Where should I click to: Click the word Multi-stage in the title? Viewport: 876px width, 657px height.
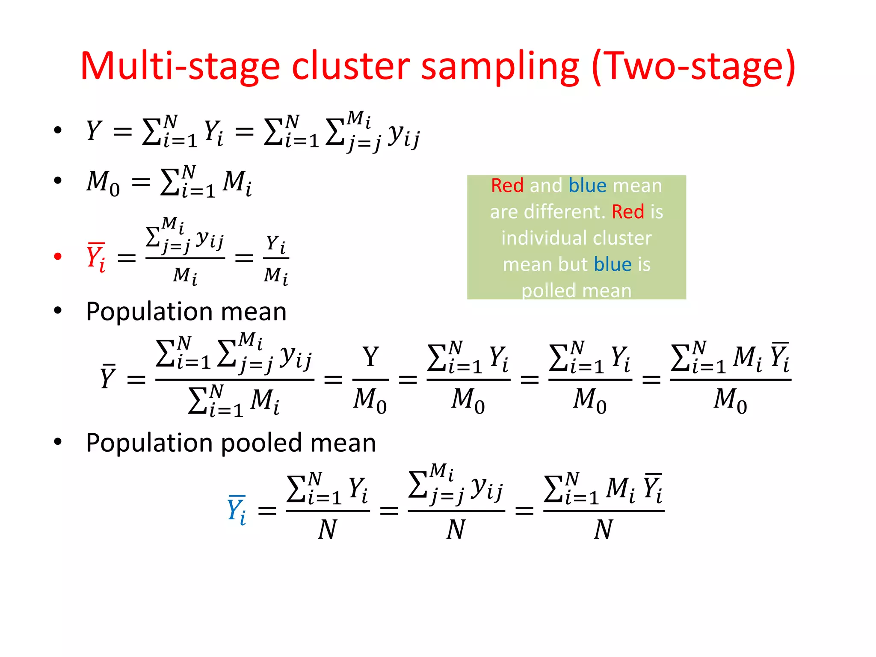click(x=180, y=66)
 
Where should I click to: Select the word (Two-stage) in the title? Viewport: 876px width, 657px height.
click(x=693, y=66)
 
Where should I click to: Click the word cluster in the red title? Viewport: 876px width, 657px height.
click(x=351, y=66)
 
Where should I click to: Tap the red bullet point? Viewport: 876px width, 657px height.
click(x=58, y=257)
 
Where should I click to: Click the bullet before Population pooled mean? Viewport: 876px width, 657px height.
click(x=58, y=442)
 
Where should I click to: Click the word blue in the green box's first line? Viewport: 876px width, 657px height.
click(x=587, y=186)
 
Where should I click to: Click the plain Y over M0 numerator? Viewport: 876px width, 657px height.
click(x=370, y=357)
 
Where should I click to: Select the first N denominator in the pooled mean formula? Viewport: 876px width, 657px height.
click(x=328, y=530)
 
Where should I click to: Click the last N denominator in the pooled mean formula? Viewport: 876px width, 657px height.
click(x=604, y=530)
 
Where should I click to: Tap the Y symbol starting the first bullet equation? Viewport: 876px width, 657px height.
click(x=94, y=130)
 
